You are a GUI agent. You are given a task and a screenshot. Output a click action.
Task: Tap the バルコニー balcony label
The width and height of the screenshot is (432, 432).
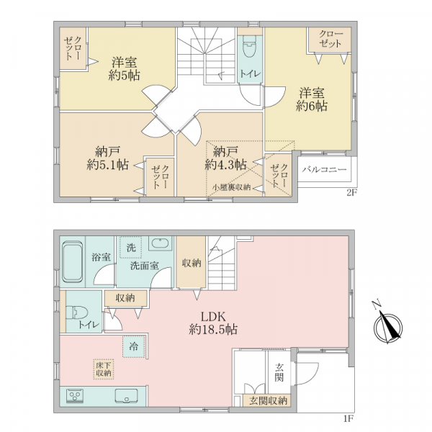coord(324,169)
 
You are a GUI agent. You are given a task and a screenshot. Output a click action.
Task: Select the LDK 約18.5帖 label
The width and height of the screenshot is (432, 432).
coord(213,323)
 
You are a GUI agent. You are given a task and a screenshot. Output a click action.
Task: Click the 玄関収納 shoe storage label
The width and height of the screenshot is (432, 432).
coord(268,400)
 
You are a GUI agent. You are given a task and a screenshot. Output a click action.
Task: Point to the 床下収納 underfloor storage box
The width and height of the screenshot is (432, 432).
coord(104,369)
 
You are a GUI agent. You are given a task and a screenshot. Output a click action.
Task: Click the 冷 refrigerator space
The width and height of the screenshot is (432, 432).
coord(134,346)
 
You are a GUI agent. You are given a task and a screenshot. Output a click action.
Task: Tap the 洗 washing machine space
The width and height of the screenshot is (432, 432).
coord(131,247)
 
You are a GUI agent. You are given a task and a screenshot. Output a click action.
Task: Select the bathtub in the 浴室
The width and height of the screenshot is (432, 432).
coord(73,262)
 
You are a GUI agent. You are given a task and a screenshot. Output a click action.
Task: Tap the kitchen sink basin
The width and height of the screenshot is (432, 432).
coord(127,396)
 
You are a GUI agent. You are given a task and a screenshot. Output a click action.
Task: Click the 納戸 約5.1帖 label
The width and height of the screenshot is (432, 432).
coord(108,158)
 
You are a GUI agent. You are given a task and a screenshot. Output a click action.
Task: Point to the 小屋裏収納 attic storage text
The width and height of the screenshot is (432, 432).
coord(231,187)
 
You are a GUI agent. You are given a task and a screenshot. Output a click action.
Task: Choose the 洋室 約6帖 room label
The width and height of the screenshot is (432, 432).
coord(312,99)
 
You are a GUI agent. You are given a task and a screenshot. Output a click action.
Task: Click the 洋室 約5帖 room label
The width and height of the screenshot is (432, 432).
coord(125,68)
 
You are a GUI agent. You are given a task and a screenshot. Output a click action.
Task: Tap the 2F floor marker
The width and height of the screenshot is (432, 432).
coord(351,193)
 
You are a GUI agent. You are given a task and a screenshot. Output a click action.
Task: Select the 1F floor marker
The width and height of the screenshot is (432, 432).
coord(348,419)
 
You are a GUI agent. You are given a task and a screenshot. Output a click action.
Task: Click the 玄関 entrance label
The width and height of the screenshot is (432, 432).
coord(279,372)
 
